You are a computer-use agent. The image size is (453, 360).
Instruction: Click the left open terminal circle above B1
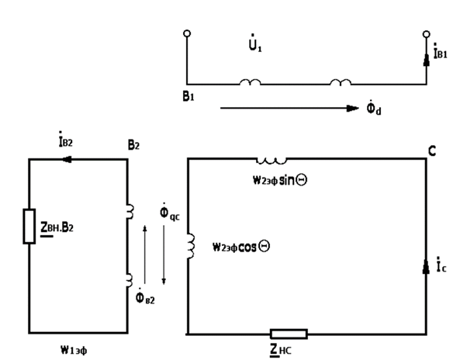(x=187, y=33)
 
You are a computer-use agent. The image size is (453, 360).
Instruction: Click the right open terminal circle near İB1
(x=426, y=34)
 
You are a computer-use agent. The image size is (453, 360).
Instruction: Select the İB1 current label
(x=441, y=51)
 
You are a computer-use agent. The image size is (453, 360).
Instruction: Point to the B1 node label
(x=188, y=96)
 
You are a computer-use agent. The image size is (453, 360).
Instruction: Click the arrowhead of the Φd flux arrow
(x=352, y=109)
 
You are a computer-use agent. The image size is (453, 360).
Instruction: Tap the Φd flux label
(x=374, y=108)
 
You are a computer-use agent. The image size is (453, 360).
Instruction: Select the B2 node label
(x=133, y=145)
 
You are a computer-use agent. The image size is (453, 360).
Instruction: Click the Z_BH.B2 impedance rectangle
(x=29, y=227)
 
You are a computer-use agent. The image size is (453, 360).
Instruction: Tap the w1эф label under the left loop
(x=74, y=350)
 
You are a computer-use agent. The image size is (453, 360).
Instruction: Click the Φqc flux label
(x=169, y=213)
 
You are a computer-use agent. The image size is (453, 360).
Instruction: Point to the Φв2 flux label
(x=145, y=296)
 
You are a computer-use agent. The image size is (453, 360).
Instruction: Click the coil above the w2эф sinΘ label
(x=271, y=161)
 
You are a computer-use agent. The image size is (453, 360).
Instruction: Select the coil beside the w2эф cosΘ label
(x=192, y=246)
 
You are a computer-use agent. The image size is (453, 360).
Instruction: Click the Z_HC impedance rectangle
(x=289, y=334)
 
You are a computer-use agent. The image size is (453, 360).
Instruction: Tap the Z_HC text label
(x=281, y=350)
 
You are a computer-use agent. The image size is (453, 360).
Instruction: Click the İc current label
(x=441, y=265)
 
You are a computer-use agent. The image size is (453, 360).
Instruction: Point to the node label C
(x=432, y=151)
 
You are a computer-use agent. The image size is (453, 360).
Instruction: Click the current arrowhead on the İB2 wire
(x=67, y=159)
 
